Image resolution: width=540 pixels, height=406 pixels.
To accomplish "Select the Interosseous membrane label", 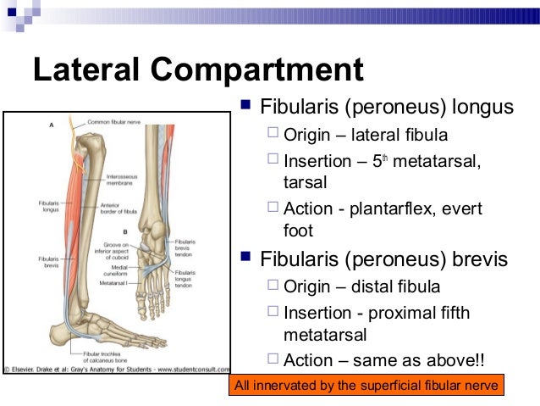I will coord(120,180).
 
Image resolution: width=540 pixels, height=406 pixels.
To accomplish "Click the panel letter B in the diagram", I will coord(125,230).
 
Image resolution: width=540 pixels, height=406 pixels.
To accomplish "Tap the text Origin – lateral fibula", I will coord(366,135).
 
